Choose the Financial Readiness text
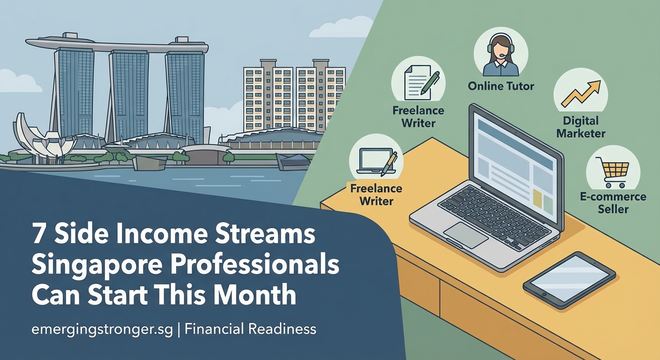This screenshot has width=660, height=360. point(250,329)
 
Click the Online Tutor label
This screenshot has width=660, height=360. point(501,86)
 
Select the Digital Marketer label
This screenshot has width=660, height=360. point(580,127)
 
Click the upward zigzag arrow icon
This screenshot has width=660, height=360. point(580,93)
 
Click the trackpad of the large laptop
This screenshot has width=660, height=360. point(465,235)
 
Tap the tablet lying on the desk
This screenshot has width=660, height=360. point(569,279)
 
